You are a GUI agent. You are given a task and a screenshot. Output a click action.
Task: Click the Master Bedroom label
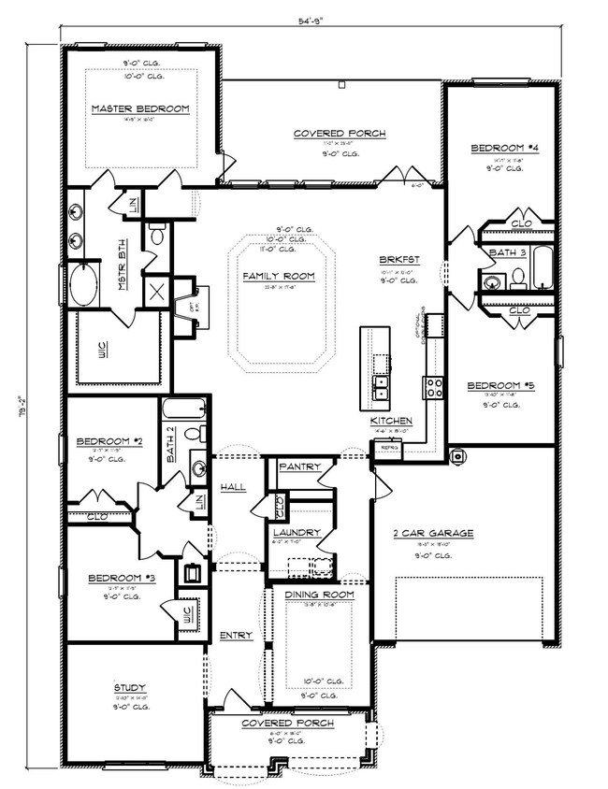point(140,109)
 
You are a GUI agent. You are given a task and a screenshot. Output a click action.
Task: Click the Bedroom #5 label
point(501,384)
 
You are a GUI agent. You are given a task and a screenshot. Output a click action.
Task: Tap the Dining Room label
point(318,595)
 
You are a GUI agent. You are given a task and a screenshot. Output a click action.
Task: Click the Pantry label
point(300,466)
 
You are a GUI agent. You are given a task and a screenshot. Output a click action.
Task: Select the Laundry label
point(298,532)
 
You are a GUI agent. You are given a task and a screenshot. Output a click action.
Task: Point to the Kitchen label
point(391,422)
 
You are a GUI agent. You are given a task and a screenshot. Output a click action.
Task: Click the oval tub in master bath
point(83,285)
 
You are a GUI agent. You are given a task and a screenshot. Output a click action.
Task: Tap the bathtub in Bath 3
point(543,270)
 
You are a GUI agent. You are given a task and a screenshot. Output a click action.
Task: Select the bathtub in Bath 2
point(181,409)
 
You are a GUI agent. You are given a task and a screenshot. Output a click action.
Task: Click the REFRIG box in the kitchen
point(385,449)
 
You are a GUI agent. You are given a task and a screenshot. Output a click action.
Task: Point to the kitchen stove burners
point(434,387)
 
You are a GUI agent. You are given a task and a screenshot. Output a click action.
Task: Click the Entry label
point(237,636)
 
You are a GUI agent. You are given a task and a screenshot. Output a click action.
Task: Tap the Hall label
point(233,488)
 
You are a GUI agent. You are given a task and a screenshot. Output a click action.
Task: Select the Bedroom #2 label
point(109,440)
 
